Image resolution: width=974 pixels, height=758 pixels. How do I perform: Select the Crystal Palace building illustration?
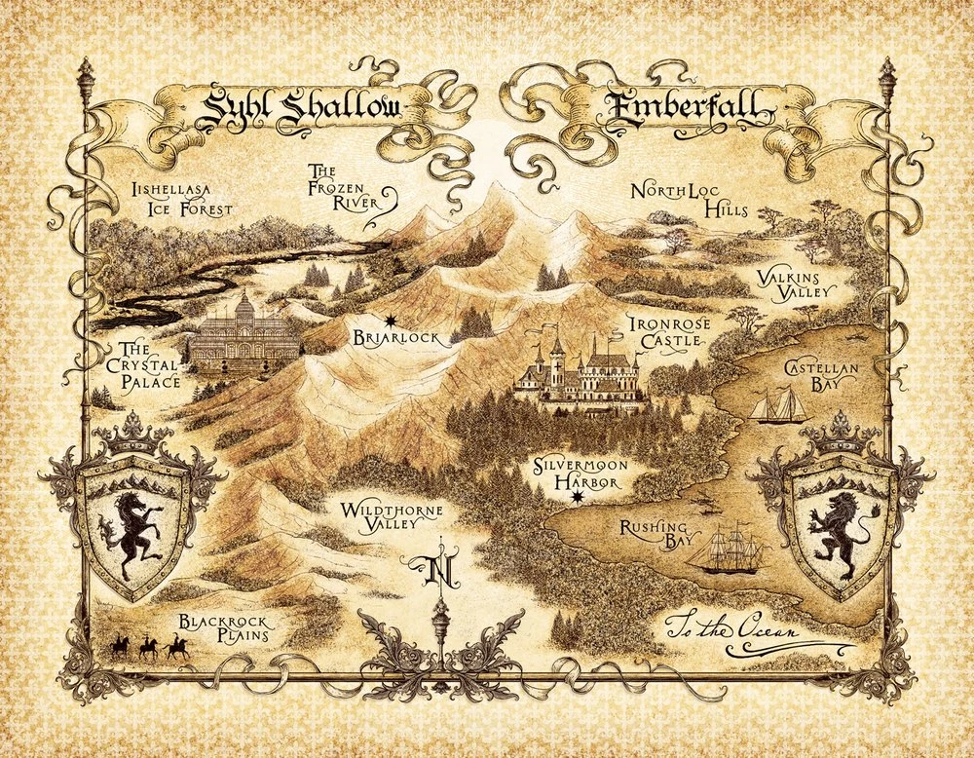tap(239, 335)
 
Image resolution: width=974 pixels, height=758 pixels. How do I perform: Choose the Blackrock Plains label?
tap(223, 630)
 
